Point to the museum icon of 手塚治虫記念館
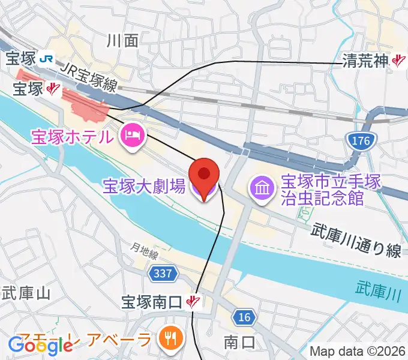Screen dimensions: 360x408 point(260,188)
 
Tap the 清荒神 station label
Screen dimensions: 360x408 point(366,61)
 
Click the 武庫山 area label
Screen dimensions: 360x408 point(26,293)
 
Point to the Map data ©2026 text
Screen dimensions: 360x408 point(358,350)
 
